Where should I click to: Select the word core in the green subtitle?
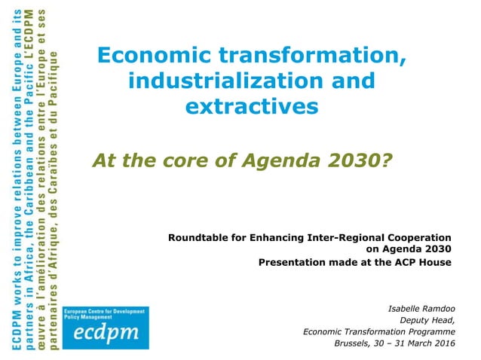164,159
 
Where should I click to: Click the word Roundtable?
199,238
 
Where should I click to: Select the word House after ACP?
437,262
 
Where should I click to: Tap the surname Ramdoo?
439,309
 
